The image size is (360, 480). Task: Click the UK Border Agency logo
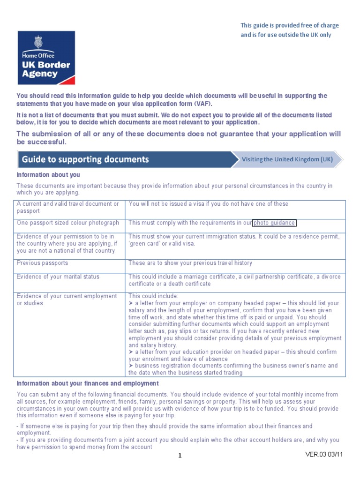[46, 58]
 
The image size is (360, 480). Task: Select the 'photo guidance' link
[274, 223]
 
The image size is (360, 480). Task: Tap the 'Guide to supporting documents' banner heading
[85, 159]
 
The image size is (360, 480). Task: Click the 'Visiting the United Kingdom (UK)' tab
[287, 159]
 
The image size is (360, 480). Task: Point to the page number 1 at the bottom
[180, 455]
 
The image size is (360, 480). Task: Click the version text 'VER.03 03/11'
[324, 455]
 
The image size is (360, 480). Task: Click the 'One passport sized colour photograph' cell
[68, 223]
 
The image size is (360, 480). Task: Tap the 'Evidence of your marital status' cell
[58, 277]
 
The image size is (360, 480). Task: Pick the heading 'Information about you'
[49, 175]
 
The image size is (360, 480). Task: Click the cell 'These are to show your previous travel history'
[190, 263]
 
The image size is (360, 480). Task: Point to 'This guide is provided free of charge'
[290, 25]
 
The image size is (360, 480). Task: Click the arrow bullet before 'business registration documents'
[131, 366]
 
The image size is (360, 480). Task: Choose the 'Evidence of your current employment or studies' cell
[67, 300]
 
